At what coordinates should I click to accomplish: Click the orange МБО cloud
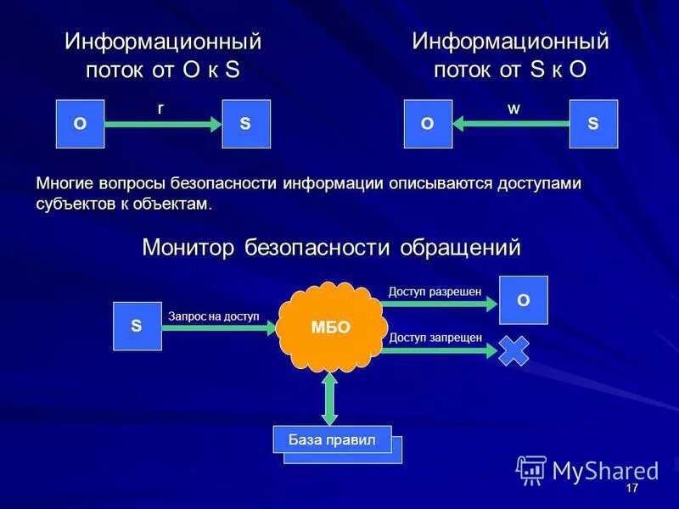(330, 327)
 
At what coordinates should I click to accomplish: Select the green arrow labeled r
(162, 124)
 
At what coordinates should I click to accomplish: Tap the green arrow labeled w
(512, 124)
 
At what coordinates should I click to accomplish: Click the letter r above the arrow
(160, 109)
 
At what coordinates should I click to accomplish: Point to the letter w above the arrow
(513, 109)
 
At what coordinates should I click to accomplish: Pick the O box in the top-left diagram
(80, 124)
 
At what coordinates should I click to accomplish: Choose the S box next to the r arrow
(246, 124)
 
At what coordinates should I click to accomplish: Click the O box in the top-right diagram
(428, 124)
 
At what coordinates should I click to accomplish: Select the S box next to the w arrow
(593, 124)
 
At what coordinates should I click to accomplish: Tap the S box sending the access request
(137, 326)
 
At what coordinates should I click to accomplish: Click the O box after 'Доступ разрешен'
(523, 299)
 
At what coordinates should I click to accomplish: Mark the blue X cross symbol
(513, 350)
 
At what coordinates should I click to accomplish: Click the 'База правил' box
(332, 439)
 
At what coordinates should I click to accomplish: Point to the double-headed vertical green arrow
(330, 399)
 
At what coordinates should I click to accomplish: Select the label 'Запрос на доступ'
(213, 316)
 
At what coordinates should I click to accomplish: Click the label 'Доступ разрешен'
(435, 292)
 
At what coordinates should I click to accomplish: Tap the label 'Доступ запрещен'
(435, 338)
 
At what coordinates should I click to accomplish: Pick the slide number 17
(631, 489)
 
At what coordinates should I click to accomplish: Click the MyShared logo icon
(531, 469)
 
